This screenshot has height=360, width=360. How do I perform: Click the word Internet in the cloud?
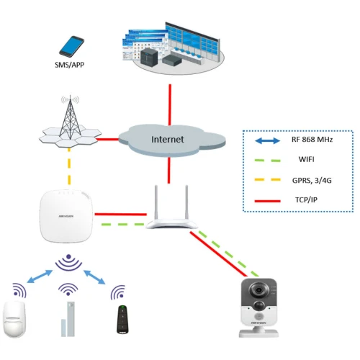point(168,139)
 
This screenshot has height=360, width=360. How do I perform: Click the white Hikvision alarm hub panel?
point(66,215)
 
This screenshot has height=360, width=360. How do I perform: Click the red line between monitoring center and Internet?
point(168,104)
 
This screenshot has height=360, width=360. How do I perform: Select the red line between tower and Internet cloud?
point(108,138)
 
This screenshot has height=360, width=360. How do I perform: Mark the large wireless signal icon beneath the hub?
point(67,262)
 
